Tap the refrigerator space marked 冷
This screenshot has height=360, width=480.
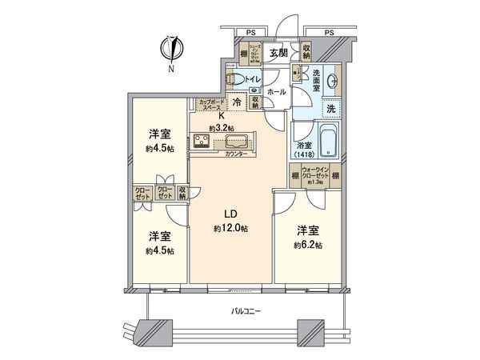point(238,102)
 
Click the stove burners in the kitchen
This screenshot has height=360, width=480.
point(202,142)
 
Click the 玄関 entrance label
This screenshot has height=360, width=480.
point(278,54)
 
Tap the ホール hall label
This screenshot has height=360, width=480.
point(277,93)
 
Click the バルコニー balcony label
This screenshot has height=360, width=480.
point(247,310)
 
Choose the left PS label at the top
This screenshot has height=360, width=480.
point(250,33)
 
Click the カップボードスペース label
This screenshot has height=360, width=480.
point(210,103)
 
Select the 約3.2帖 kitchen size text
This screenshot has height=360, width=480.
point(222,127)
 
